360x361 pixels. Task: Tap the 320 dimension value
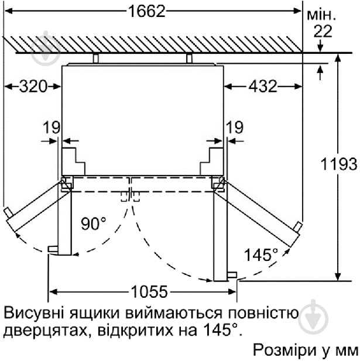coord(32,87)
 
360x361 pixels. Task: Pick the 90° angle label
coord(94,224)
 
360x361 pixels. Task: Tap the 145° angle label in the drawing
coord(261,255)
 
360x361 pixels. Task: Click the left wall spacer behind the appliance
coord(95,58)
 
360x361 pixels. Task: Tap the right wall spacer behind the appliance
coord(188,58)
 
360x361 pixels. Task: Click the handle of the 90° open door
coord(53,249)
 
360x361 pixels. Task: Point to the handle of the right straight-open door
coord(232,274)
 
